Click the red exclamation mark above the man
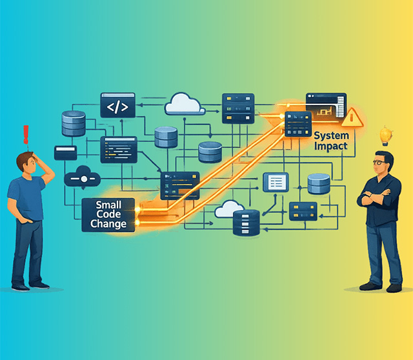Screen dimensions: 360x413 [26, 134]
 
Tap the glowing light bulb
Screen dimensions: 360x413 [386, 135]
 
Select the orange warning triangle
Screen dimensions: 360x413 [352, 117]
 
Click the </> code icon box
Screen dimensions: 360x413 [117, 105]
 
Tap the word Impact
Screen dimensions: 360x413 [330, 146]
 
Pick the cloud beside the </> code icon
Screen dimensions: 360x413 [185, 103]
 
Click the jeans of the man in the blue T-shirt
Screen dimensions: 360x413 [27, 252]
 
